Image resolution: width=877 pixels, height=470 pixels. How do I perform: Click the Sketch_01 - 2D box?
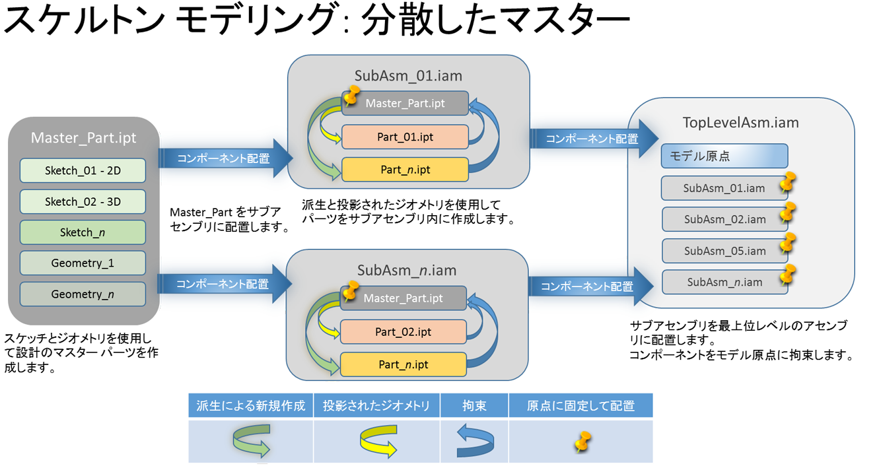pos(83,171)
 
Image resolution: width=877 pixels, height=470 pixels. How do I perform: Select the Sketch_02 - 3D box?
pos(83,202)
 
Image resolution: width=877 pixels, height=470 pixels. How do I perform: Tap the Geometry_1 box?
pos(83,263)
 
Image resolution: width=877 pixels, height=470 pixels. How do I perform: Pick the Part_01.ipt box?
pos(405,137)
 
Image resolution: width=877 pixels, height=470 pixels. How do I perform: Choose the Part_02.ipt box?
pos(403,332)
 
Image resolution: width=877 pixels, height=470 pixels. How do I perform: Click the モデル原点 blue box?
pos(724,156)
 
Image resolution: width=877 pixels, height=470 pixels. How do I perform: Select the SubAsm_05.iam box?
pos(724,251)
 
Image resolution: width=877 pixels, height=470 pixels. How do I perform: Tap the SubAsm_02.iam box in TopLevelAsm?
pos(724,219)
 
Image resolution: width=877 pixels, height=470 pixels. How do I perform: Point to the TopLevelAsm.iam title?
pos(740,122)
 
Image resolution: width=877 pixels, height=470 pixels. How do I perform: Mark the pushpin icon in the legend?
pos(582,442)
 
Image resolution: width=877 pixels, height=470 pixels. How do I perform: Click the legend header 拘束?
pos(475,406)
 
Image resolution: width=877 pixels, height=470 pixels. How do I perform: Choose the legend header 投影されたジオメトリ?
pos(376,406)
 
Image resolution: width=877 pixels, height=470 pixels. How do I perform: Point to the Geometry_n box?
pos(83,294)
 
